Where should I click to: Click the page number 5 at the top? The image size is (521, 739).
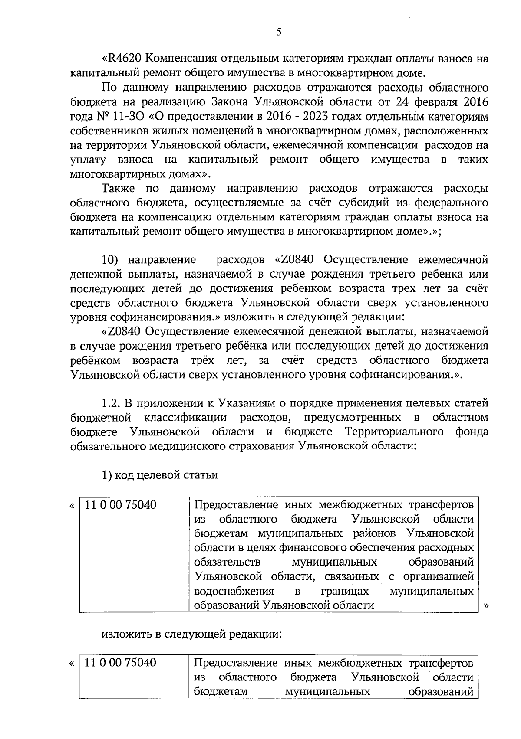pyautogui.click(x=279, y=32)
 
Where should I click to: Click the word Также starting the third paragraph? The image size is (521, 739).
pyautogui.click(x=119, y=188)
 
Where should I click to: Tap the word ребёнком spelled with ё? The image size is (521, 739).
pyautogui.click(x=95, y=360)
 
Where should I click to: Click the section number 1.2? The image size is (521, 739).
pyautogui.click(x=110, y=403)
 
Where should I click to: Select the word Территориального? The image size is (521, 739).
pyautogui.click(x=394, y=432)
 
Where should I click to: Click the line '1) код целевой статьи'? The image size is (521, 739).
pyautogui.click(x=159, y=475)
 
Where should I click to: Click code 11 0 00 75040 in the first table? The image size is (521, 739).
pyautogui.click(x=120, y=505)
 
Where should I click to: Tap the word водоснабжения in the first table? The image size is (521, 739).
pyautogui.click(x=234, y=591)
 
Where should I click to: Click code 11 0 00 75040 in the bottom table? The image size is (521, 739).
pyautogui.click(x=120, y=663)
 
